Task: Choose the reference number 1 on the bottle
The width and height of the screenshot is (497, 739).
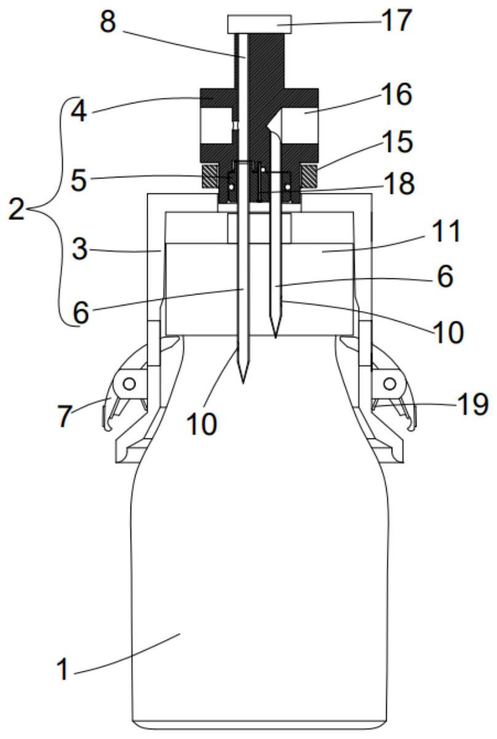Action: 63,669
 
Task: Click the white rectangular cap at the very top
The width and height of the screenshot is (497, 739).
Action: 259,24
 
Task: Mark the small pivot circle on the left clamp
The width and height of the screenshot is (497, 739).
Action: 129,383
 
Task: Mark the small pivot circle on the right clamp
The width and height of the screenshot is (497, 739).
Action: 389,383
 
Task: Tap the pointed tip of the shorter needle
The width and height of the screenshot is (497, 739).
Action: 275,336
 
